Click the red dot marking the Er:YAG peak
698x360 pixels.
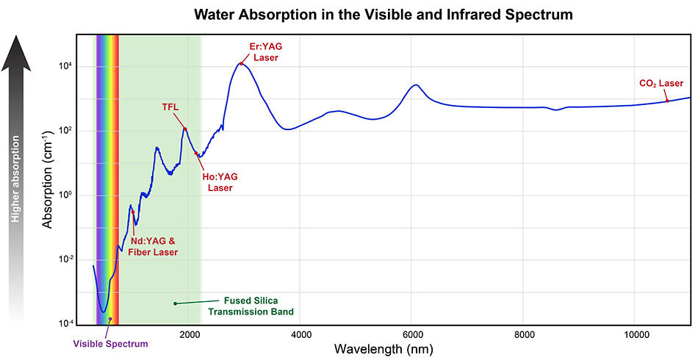[240, 64]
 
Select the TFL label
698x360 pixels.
[170, 107]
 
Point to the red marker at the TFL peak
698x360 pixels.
[185, 129]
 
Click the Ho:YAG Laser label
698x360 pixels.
[220, 182]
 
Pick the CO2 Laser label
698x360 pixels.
[661, 83]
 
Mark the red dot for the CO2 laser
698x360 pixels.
[667, 101]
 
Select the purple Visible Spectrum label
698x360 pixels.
[111, 343]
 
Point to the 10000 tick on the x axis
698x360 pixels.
[635, 335]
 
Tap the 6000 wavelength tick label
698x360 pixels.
[412, 335]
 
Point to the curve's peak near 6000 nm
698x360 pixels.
[417, 84]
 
